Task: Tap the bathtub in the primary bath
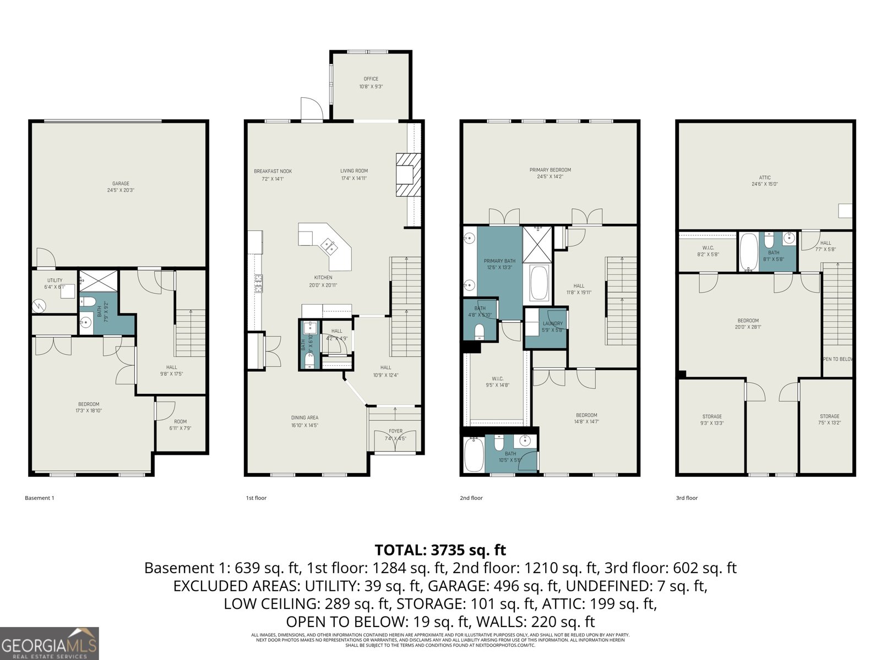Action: click(539, 283)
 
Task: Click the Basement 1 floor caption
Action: click(40, 498)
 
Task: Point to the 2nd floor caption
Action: click(471, 498)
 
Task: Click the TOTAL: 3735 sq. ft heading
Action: click(440, 550)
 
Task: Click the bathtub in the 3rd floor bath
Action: click(748, 251)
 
